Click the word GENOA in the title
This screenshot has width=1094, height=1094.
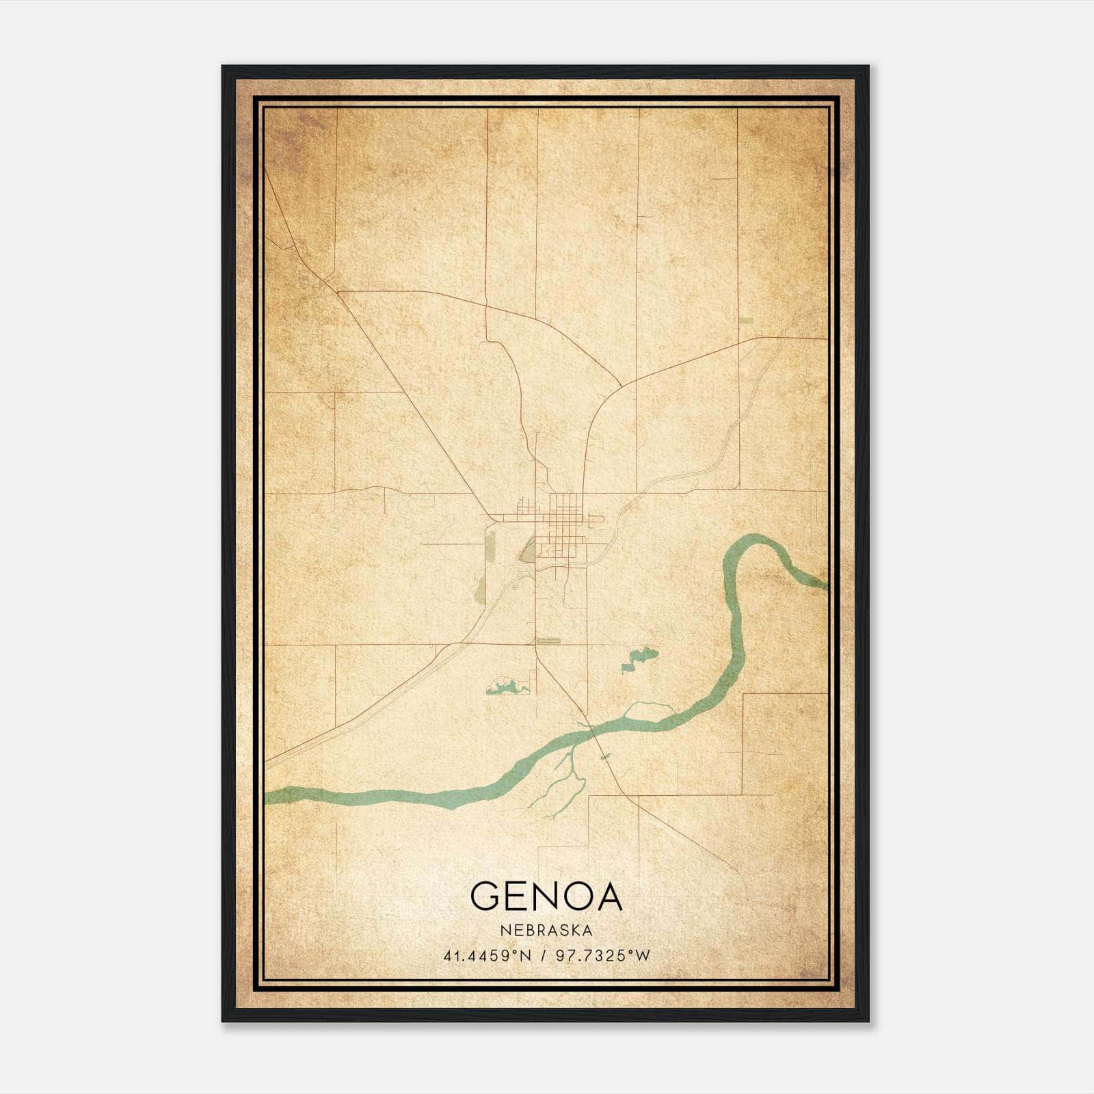546,896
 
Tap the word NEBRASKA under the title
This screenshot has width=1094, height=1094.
546,930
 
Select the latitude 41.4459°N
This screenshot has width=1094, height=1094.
488,956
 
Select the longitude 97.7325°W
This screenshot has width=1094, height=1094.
602,956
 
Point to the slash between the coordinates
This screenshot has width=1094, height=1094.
543,956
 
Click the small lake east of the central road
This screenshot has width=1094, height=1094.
641,658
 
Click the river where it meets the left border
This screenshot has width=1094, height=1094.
270,795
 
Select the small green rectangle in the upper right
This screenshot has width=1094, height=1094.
746,319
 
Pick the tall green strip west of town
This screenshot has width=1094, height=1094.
490,551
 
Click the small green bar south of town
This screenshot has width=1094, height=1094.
548,641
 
